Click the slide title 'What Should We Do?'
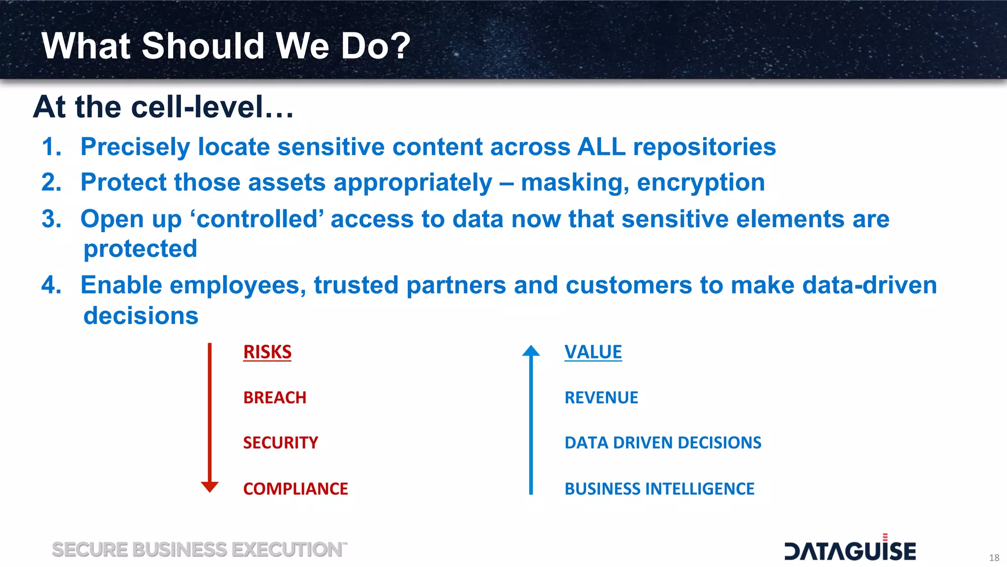click(226, 46)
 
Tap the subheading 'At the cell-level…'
click(163, 107)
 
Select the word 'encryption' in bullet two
click(701, 182)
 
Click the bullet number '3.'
click(52, 219)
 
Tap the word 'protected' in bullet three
click(140, 248)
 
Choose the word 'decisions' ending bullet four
click(141, 315)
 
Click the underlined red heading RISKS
click(267, 352)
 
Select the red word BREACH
click(274, 397)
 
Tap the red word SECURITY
click(280, 443)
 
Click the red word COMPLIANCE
click(296, 489)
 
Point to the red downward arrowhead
click(209, 486)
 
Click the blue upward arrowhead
click(531, 351)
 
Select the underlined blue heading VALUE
click(593, 352)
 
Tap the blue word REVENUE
click(601, 397)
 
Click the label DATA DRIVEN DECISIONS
click(663, 443)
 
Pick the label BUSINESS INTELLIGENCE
click(659, 489)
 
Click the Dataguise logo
click(850, 550)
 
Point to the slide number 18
click(994, 558)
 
